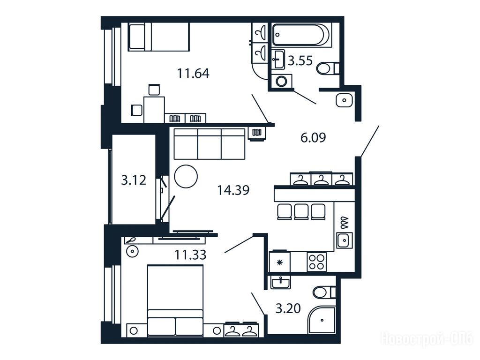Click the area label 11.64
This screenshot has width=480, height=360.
[x=193, y=74]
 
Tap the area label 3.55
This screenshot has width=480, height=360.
[x=300, y=61]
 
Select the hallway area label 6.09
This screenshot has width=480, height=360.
[x=313, y=138]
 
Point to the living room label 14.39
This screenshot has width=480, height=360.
[x=233, y=190]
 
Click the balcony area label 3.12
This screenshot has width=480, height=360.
[x=134, y=180]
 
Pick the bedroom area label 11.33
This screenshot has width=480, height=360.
[x=190, y=255]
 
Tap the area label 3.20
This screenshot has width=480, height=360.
[x=288, y=308]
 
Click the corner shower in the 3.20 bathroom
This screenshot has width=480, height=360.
[x=322, y=320]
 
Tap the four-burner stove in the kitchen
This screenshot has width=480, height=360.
[x=316, y=262]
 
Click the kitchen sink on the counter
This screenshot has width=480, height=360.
[x=345, y=240]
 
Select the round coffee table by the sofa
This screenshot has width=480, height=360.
[x=186, y=176]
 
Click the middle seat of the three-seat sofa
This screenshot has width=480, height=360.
[x=210, y=144]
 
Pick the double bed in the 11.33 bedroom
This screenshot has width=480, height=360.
[x=175, y=301]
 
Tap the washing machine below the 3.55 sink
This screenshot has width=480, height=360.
[x=281, y=81]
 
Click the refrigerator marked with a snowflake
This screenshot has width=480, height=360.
[x=279, y=261]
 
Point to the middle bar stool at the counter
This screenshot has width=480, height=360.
[x=301, y=212]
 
